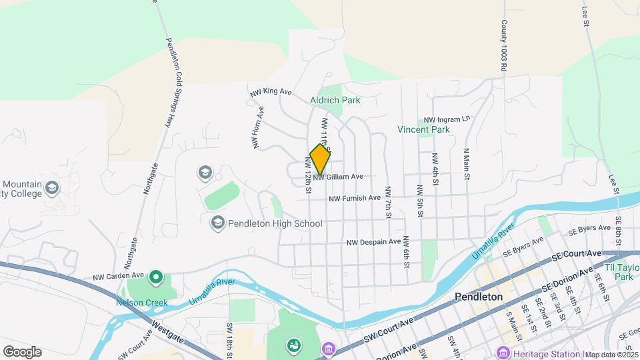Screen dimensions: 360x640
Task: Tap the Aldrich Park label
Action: point(335,100)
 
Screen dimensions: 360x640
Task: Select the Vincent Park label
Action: point(423,129)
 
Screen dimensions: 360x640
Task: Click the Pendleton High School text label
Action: point(275,223)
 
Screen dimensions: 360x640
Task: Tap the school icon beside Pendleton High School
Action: point(217,223)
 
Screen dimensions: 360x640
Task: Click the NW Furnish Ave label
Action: point(354,198)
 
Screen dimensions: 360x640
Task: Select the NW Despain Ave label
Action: point(373,242)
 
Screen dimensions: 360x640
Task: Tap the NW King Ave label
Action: point(271,93)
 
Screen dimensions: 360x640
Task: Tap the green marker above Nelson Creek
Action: point(155,276)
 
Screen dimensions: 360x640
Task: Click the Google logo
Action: point(22,351)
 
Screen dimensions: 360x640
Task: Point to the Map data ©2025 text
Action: point(612,355)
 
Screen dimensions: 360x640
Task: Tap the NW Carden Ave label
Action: point(119,275)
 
